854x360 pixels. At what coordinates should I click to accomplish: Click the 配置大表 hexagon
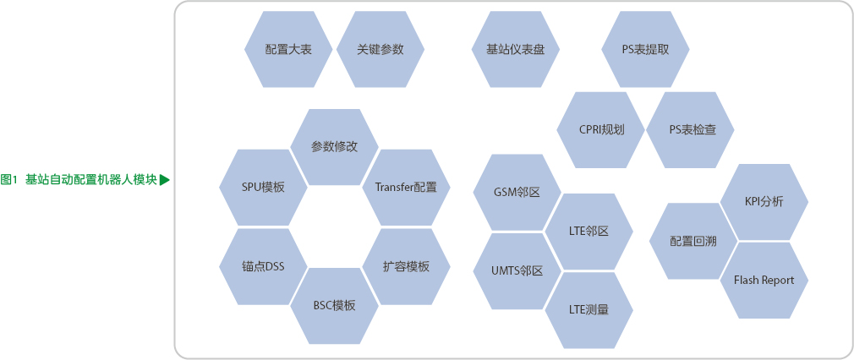(287, 49)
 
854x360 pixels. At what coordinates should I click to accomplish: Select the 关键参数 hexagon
(380, 49)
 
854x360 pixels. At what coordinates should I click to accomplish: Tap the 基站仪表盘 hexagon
(515, 49)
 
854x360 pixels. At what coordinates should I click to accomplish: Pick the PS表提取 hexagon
(645, 49)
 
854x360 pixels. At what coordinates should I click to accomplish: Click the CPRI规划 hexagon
(601, 129)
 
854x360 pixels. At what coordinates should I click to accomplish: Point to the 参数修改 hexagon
(334, 146)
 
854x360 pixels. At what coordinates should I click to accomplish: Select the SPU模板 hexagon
(263, 187)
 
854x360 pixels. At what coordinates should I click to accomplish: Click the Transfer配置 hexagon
(406, 187)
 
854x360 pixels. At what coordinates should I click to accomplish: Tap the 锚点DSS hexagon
(263, 266)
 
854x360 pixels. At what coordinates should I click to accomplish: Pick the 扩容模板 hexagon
(406, 266)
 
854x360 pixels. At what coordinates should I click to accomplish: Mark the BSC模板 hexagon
(334, 305)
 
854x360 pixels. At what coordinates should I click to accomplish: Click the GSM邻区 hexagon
(517, 192)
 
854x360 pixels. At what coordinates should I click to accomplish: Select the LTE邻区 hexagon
(588, 231)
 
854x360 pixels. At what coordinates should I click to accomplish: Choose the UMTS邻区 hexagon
(517, 270)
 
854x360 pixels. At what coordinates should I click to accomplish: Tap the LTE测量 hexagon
(588, 309)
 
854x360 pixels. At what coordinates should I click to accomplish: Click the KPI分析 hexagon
(764, 201)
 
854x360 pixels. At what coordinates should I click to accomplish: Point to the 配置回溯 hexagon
(693, 241)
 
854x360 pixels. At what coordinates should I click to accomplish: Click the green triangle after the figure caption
(165, 178)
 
